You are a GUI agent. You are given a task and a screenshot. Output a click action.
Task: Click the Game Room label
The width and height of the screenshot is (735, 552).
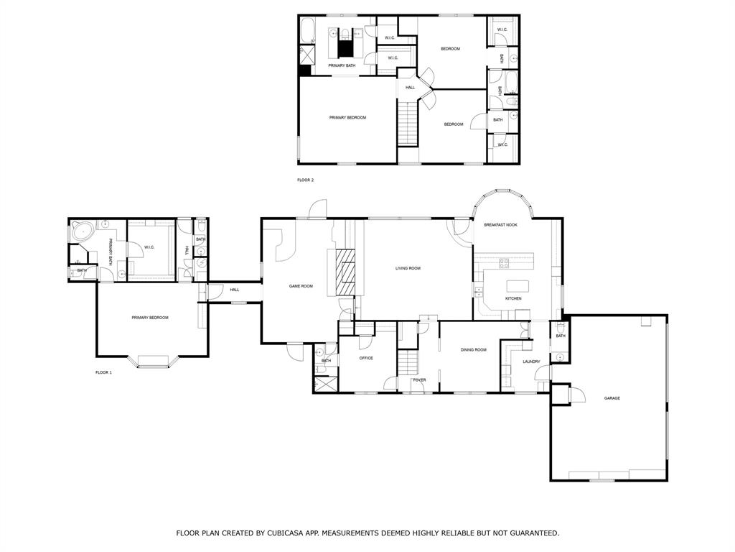(301, 286)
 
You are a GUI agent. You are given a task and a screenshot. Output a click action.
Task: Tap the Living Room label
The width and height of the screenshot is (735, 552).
(408, 268)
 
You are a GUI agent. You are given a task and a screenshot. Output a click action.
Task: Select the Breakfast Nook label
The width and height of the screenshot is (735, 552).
(500, 225)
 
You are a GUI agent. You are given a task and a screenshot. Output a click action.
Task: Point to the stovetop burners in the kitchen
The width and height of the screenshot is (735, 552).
(504, 263)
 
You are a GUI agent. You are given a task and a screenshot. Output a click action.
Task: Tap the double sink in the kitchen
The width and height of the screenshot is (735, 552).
(477, 291)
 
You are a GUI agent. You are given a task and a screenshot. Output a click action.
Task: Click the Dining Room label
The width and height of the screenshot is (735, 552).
(474, 350)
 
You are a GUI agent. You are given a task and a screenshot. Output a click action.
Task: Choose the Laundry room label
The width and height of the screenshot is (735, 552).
(531, 362)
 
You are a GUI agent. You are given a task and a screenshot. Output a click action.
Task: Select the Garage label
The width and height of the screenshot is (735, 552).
(612, 397)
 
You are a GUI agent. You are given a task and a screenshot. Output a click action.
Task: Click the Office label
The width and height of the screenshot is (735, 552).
(365, 358)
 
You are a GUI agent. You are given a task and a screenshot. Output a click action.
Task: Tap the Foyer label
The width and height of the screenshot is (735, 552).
(419, 379)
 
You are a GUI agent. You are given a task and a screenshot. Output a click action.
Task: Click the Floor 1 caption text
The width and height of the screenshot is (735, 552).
(104, 372)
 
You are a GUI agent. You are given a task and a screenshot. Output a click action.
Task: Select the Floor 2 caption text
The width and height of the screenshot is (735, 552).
(306, 180)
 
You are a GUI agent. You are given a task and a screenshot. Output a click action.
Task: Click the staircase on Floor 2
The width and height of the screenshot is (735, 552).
(408, 124)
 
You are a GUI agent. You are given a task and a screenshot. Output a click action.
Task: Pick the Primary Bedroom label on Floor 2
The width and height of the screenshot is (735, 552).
(347, 117)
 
